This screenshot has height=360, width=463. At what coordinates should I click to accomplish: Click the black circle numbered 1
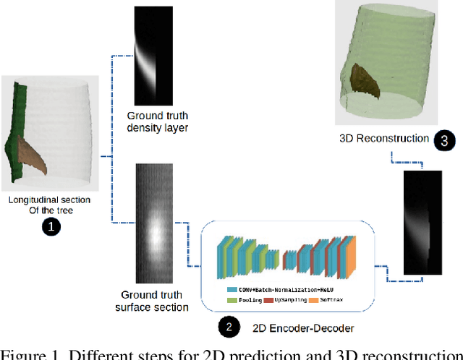coord(50,226)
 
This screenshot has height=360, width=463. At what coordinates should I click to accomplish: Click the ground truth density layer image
coord(151,54)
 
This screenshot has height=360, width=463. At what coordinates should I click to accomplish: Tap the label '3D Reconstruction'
coord(383,138)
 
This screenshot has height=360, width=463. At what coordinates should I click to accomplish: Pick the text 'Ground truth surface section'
coord(152,301)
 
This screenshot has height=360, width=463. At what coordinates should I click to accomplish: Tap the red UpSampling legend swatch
coord(267,299)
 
